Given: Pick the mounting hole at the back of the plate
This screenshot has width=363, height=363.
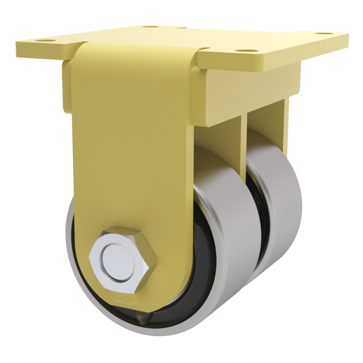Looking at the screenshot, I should [147, 27].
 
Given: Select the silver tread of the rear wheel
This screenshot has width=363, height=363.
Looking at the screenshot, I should [287, 203].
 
